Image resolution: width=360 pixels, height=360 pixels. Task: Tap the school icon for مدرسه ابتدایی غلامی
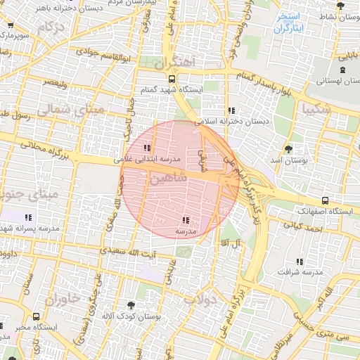pyautogui.click(x=146, y=148)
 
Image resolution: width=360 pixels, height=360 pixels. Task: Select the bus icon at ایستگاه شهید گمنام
pyautogui.click(x=172, y=79)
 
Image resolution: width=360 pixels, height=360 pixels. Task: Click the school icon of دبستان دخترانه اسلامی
pyautogui.click(x=231, y=110)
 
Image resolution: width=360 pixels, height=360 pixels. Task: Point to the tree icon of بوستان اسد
pyautogui.click(x=288, y=149)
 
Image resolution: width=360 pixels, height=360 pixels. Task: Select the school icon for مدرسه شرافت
pyautogui.click(x=300, y=262)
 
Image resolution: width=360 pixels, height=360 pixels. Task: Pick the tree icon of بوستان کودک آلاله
pyautogui.click(x=130, y=305)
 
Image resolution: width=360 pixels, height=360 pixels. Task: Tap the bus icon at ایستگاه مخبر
pyautogui.click(x=36, y=316)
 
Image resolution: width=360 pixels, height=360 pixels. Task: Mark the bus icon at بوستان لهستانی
pyautogui.click(x=342, y=69)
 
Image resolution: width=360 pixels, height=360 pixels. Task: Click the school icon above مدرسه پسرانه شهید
pyautogui.click(x=29, y=218)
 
